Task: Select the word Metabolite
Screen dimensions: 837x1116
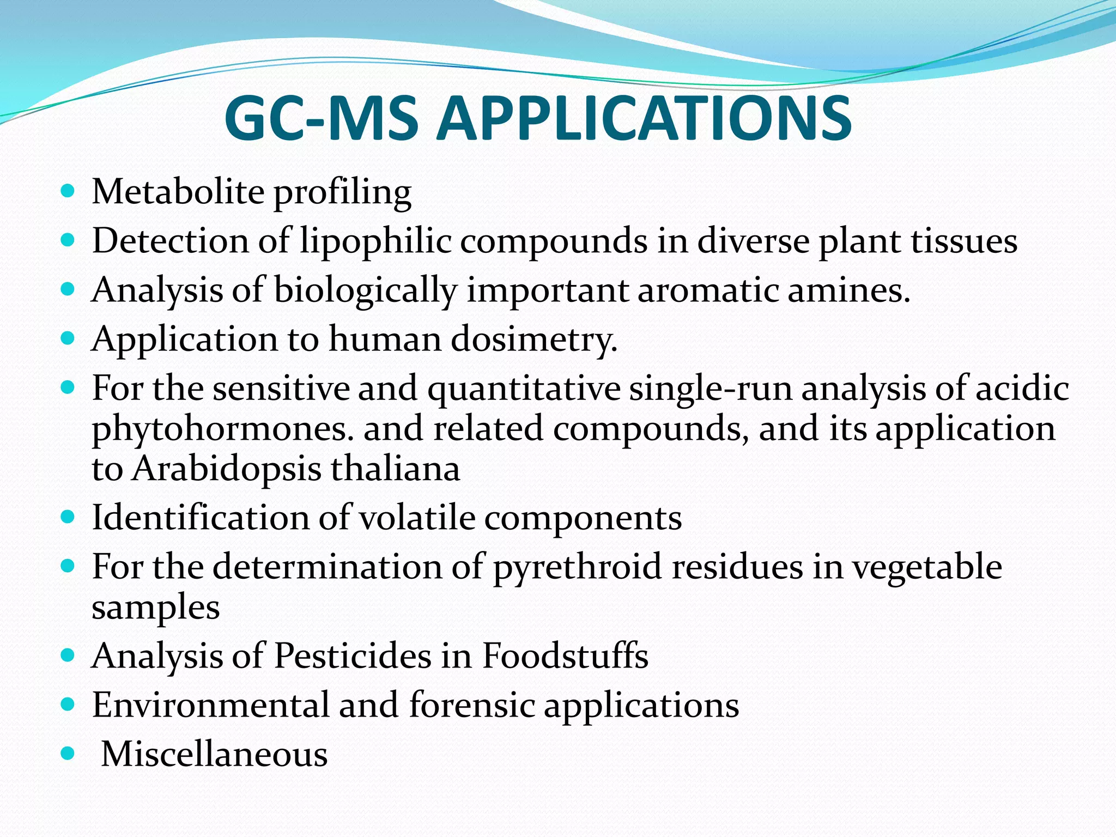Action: [178, 192]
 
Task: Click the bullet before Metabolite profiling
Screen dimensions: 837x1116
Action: [68, 192]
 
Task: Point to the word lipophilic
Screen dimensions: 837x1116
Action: [376, 241]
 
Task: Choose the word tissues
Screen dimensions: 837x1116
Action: [964, 241]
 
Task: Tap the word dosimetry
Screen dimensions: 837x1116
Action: [535, 339]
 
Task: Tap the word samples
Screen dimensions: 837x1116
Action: [156, 608]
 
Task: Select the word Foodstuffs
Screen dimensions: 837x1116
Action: [565, 656]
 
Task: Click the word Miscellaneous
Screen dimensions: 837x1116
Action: [215, 755]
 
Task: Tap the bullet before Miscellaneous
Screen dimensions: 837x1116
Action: [68, 754]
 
